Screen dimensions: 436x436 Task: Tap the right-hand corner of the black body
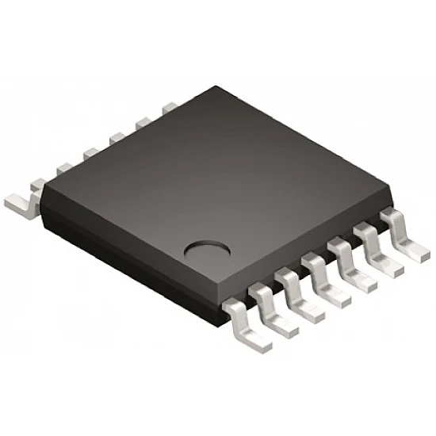(x=392, y=195)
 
